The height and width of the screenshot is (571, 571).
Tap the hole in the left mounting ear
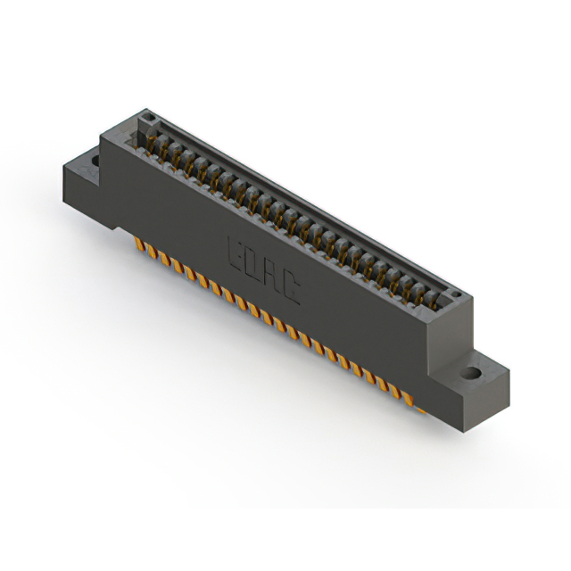[94, 161]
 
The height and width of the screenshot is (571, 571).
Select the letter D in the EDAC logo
[256, 264]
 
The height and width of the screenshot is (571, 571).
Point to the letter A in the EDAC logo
[274, 276]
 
